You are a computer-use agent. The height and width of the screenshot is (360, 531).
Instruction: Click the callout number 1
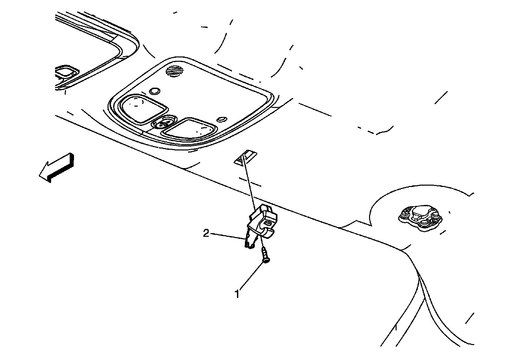[237, 294]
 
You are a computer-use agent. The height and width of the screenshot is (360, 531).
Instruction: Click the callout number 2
[206, 233]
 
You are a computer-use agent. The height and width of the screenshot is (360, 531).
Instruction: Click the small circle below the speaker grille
[155, 91]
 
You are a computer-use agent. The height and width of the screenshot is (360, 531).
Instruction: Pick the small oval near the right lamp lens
[221, 119]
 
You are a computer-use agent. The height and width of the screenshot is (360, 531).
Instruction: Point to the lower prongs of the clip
[249, 243]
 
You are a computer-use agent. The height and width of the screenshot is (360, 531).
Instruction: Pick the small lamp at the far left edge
[66, 72]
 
